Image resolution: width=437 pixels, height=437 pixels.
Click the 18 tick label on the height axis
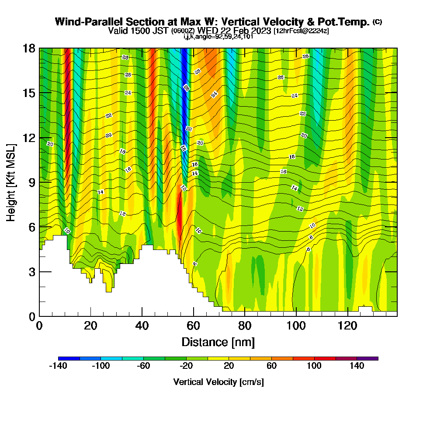pyautogui.click(x=29, y=48)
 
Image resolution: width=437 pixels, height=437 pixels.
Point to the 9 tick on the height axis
pyautogui.click(x=39, y=182)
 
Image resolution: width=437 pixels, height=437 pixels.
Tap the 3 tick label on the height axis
pyautogui.click(x=31, y=271)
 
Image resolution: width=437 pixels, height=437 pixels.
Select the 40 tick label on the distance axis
pyautogui.click(x=142, y=326)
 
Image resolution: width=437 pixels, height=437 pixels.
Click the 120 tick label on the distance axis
pyautogui.click(x=347, y=326)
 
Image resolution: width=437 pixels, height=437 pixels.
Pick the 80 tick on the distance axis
pyautogui.click(x=245, y=316)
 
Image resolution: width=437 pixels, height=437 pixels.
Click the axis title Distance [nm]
pyautogui.click(x=218, y=342)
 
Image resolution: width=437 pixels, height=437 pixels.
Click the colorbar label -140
pyautogui.click(x=58, y=366)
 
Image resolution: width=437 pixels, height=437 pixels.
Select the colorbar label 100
pyautogui.click(x=314, y=366)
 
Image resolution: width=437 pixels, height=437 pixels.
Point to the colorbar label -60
pyautogui.click(x=143, y=366)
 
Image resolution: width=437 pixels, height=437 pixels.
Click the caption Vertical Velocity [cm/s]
pyautogui.click(x=218, y=382)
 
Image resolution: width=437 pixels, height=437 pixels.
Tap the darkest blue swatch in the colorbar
pyautogui.click(x=69, y=358)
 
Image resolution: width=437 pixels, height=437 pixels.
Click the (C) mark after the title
pyautogui.click(x=377, y=22)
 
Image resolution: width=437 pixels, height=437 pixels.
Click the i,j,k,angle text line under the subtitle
pyautogui.click(x=218, y=36)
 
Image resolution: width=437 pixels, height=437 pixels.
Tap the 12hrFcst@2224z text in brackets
pyautogui.click(x=302, y=31)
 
